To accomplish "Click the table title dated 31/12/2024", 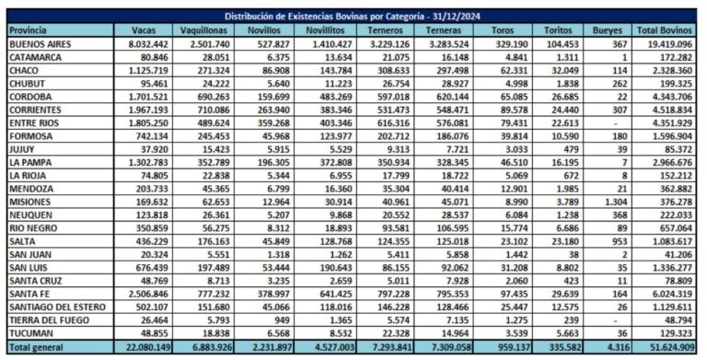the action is point(353,17).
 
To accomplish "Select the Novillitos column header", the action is point(325,30).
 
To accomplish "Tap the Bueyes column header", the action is point(607,30).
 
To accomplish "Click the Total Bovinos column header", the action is point(664,30).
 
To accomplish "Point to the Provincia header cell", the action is point(28,30).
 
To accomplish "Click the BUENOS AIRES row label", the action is point(41,44).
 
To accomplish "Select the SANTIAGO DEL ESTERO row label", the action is point(57,308).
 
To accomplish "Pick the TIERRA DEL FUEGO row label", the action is point(49,320).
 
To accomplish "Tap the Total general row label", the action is point(36,347).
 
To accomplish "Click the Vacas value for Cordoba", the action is point(148,97).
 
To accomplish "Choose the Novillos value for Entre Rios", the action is point(273,123).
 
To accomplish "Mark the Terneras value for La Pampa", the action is point(452,162).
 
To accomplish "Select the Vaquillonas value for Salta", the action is point(214,241).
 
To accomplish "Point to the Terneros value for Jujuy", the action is point(399,149).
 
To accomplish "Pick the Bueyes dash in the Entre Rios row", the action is point(616,123).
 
